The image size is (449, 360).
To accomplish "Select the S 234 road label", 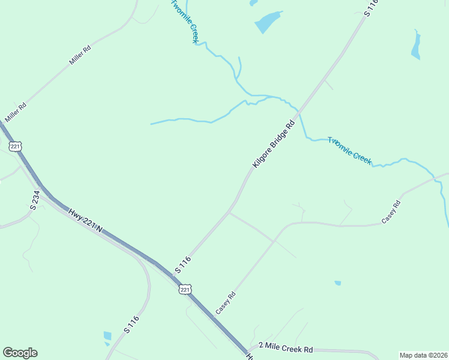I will pos(35,200).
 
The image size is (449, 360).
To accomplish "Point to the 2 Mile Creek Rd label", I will pos(286,348).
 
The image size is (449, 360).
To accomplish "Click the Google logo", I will pos(20,353).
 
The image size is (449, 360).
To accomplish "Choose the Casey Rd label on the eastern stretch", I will pos(391,212).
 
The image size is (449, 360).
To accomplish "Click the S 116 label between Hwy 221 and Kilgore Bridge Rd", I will pos(183,265).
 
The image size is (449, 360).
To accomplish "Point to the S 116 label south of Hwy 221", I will pos(131,324).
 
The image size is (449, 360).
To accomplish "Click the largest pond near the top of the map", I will pos(268,22).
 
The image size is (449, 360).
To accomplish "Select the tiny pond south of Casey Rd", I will pos(338,283).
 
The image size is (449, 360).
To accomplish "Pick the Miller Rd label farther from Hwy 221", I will pos(79,56).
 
